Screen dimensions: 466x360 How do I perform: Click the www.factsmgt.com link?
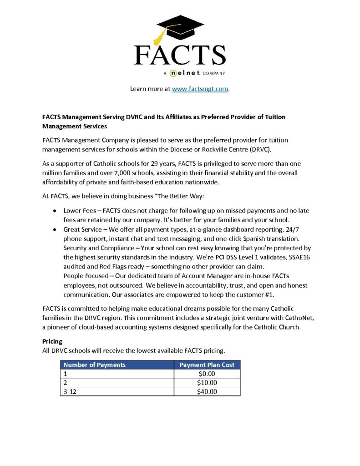point(200,89)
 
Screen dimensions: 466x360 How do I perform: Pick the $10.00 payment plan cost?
point(207,383)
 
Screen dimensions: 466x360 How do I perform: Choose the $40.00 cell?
point(207,391)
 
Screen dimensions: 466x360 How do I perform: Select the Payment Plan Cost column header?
point(207,365)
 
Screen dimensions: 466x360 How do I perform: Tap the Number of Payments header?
point(94,365)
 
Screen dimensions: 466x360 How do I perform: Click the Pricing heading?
point(52,341)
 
